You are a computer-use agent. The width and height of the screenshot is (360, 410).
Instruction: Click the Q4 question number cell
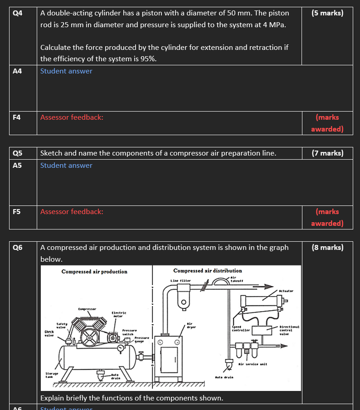pos(17,13)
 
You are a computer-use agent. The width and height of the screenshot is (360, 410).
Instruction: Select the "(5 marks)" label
pos(327,13)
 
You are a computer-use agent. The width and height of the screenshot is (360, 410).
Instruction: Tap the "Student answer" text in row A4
pos(66,71)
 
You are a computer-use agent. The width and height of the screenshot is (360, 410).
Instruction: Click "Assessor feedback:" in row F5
pos(72,212)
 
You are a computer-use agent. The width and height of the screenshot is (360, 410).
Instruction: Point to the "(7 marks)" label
pos(327,153)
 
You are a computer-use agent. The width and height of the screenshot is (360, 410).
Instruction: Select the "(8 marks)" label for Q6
pos(327,248)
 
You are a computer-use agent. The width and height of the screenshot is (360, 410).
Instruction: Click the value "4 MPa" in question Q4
pos(275,24)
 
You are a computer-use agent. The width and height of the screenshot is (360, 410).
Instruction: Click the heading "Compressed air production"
pos(94,272)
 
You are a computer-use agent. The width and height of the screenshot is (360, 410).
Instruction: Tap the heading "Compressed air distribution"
pos(208,271)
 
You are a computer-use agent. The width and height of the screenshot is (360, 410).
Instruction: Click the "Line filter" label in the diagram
pos(180,281)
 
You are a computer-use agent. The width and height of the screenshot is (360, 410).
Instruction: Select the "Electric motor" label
pos(119,314)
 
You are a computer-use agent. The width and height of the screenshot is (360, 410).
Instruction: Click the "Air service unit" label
pos(253,364)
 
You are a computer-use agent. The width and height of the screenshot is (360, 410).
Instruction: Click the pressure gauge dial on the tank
pos(120,348)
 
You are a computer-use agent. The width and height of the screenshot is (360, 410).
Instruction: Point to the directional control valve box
pos(260,331)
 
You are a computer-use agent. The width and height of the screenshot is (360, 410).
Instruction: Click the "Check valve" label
pos(50,334)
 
